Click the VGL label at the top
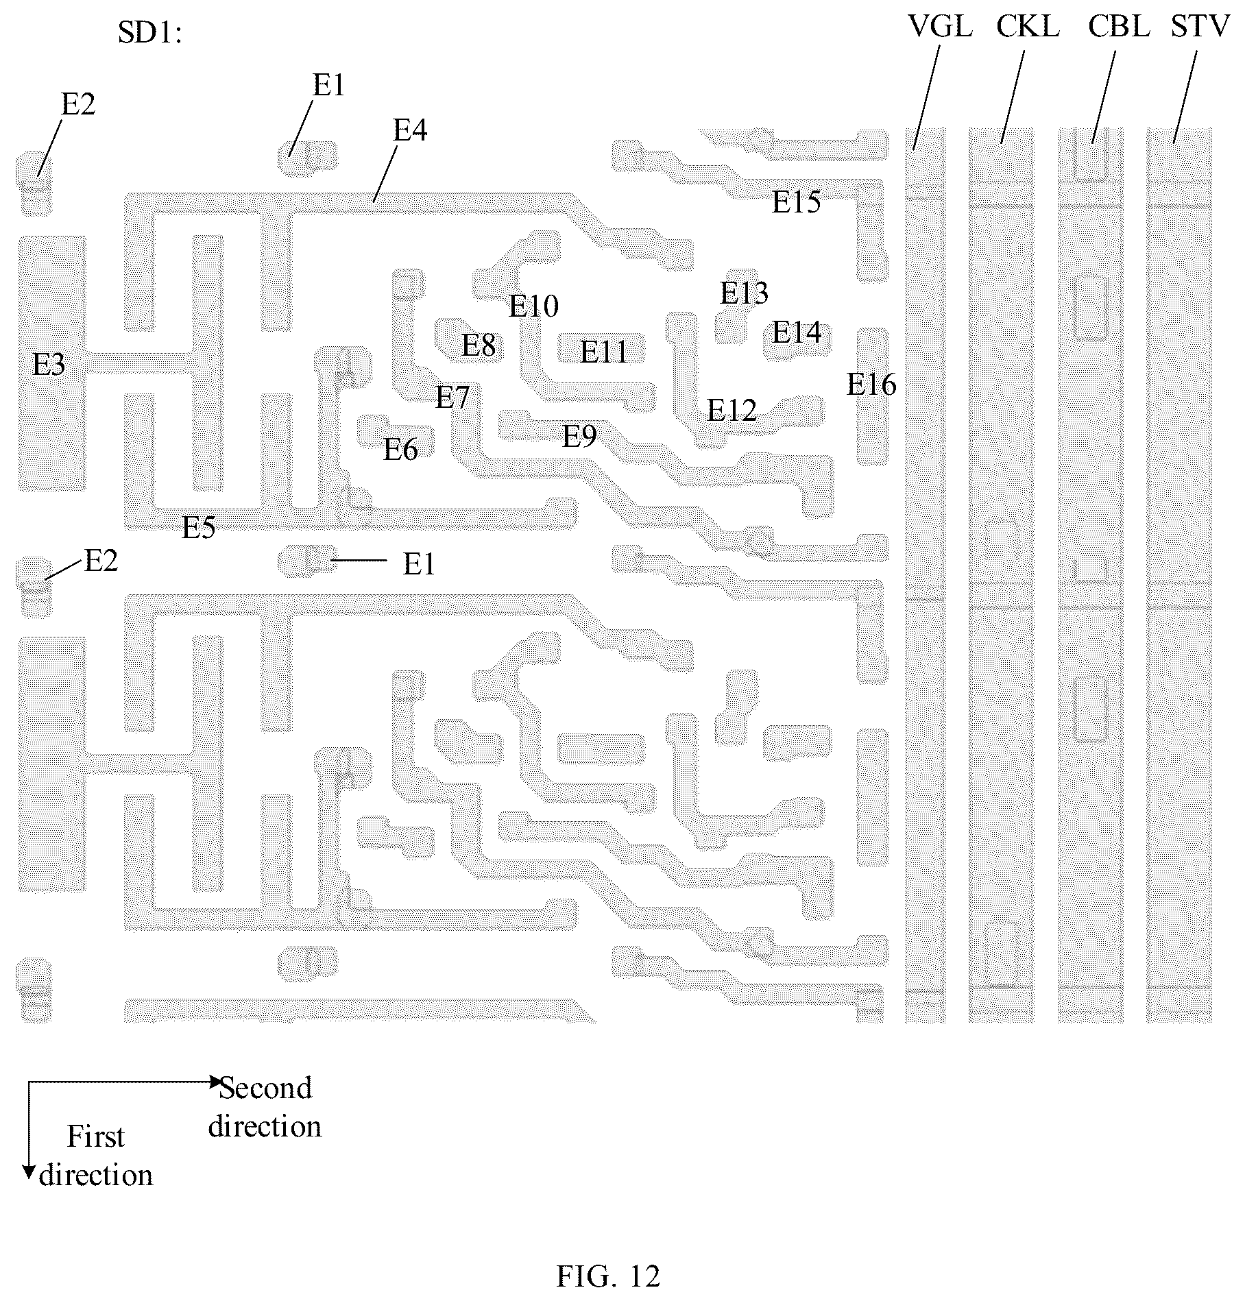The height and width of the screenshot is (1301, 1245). [940, 27]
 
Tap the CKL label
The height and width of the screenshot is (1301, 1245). [1028, 27]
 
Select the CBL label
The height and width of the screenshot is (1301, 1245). [1119, 27]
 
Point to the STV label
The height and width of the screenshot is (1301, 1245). [1200, 27]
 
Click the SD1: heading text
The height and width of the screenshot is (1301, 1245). [150, 32]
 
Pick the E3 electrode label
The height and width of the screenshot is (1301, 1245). [49, 365]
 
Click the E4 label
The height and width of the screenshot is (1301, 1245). [410, 130]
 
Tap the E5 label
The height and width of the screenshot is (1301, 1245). [199, 527]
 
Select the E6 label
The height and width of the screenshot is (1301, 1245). [400, 450]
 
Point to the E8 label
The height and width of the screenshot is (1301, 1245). [479, 345]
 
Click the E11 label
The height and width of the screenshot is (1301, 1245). [604, 352]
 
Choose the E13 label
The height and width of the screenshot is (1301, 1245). [744, 293]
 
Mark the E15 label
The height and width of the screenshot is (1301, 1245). [796, 202]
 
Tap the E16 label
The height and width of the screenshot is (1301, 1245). [871, 385]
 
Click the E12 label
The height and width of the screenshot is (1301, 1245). [732, 411]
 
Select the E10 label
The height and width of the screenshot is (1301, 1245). [533, 306]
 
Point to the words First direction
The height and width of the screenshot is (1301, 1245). [96, 1156]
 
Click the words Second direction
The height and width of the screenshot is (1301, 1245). [265, 1107]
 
